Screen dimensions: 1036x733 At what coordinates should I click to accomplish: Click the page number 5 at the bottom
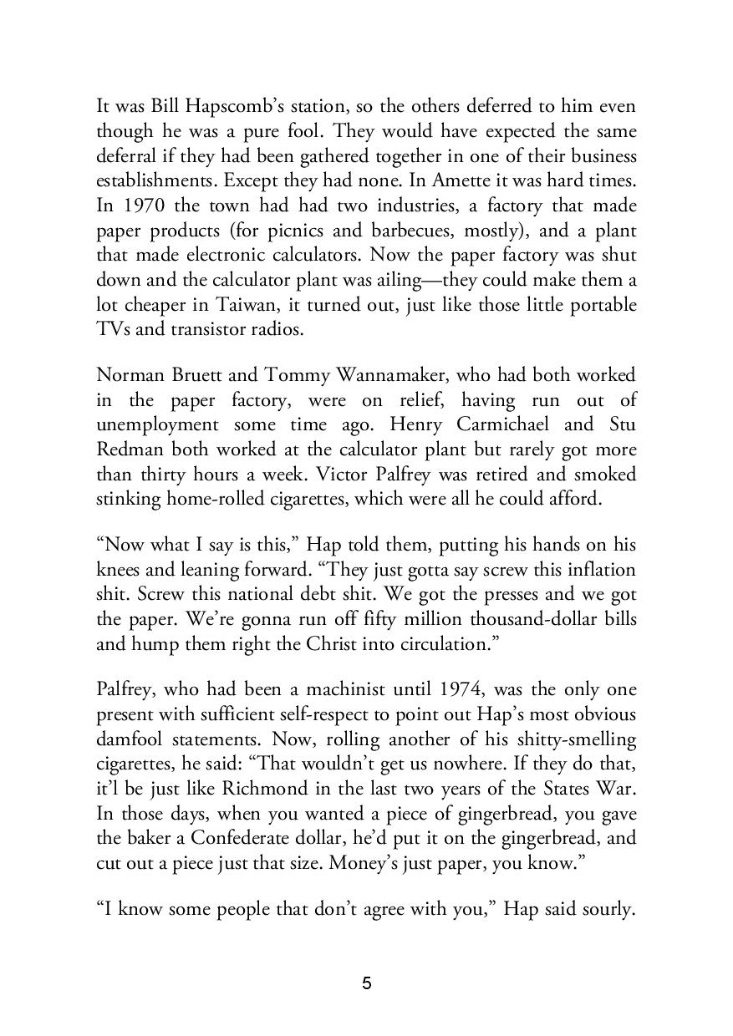point(366,983)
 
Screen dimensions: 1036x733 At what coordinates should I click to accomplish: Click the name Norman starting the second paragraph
point(130,375)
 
